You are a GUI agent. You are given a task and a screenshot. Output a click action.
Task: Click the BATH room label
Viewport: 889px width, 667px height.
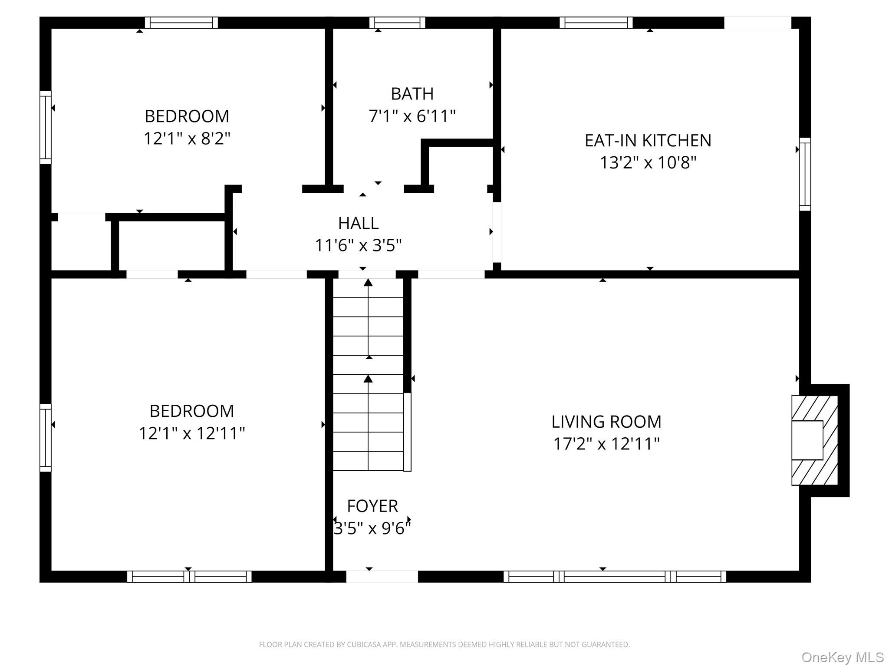tap(412, 94)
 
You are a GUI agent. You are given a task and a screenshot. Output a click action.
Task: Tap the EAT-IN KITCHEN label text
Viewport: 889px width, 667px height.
tap(648, 141)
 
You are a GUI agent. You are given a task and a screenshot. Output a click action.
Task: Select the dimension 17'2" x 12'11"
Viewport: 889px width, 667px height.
tap(606, 444)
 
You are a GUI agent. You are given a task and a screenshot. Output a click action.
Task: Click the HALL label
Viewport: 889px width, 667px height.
tap(358, 223)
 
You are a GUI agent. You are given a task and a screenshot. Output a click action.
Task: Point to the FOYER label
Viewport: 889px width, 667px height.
tap(372, 506)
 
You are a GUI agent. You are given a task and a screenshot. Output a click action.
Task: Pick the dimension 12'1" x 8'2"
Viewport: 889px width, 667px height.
tap(187, 139)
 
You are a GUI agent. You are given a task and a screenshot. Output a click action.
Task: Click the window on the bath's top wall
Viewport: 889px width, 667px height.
tap(397, 23)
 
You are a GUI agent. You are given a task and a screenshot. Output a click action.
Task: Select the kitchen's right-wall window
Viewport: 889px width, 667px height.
tap(805, 174)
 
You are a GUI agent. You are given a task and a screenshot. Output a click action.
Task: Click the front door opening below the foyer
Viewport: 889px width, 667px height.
tap(382, 577)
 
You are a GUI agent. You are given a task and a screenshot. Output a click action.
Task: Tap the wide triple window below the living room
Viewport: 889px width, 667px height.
tap(614, 577)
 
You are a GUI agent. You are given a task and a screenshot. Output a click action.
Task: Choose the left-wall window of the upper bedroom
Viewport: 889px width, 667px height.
tap(46, 128)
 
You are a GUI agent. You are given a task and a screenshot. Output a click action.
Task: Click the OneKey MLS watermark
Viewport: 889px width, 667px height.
tap(842, 658)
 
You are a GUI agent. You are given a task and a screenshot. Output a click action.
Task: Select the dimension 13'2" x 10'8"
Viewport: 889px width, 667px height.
tap(648, 163)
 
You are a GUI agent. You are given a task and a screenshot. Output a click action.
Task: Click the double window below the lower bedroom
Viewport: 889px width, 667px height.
tap(189, 577)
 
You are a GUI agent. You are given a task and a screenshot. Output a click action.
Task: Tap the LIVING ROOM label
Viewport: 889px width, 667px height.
tap(606, 422)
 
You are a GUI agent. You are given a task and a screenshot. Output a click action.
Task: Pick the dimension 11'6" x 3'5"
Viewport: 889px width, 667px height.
tap(358, 246)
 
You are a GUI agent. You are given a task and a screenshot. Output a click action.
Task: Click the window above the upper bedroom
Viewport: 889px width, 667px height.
tap(181, 23)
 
